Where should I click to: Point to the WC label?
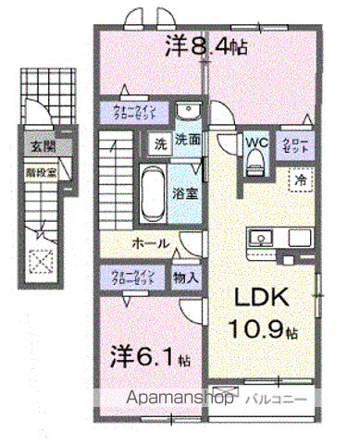(256, 142)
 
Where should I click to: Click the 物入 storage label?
(184, 276)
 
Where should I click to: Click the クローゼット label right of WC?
(303, 143)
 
